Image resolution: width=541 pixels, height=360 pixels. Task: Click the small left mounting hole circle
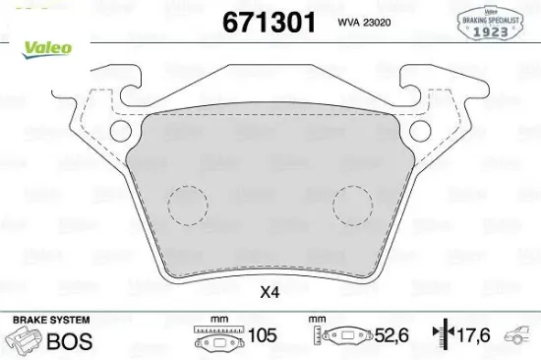pos(120,131)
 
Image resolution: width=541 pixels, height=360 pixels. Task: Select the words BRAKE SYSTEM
pos(50,321)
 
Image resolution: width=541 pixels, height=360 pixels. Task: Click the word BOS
pos(71,341)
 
